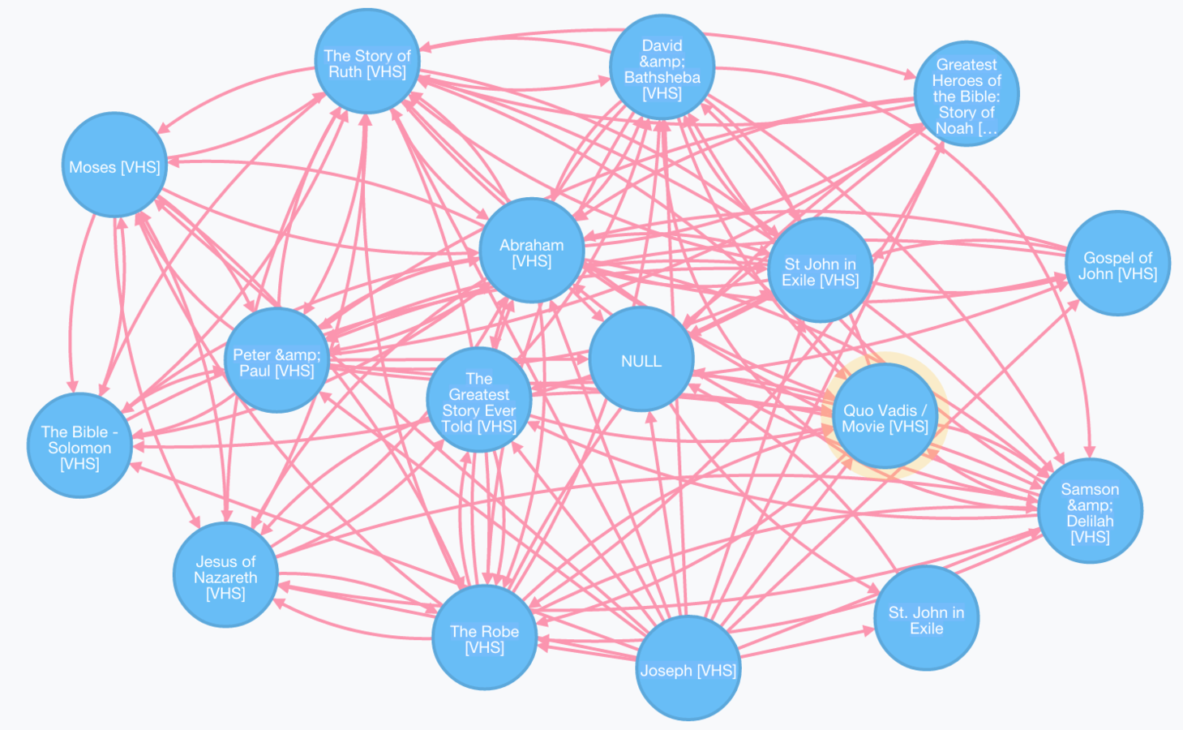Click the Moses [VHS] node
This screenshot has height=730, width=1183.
point(114,165)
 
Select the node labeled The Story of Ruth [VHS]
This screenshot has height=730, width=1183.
point(367,62)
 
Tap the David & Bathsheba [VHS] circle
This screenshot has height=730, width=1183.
point(662,68)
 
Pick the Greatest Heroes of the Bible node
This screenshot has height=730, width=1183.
point(966,95)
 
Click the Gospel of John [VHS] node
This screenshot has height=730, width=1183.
point(1117,264)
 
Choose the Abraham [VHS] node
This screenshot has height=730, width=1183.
point(531,251)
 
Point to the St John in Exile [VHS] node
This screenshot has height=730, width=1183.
point(820,270)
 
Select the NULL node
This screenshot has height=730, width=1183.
point(641,360)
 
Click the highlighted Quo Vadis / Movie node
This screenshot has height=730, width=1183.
point(885,416)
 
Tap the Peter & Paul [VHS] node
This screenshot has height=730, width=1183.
point(276,361)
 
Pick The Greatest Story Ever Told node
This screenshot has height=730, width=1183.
point(478,401)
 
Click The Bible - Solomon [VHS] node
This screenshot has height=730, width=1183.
point(79,446)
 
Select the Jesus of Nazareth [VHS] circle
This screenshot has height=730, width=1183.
point(225,576)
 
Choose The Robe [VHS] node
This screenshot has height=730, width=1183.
point(484,638)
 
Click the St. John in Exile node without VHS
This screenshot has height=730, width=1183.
point(926,619)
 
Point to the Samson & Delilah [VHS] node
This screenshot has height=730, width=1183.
point(1090,511)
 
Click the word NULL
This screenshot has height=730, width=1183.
point(641,361)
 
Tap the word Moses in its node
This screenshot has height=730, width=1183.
point(92,167)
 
